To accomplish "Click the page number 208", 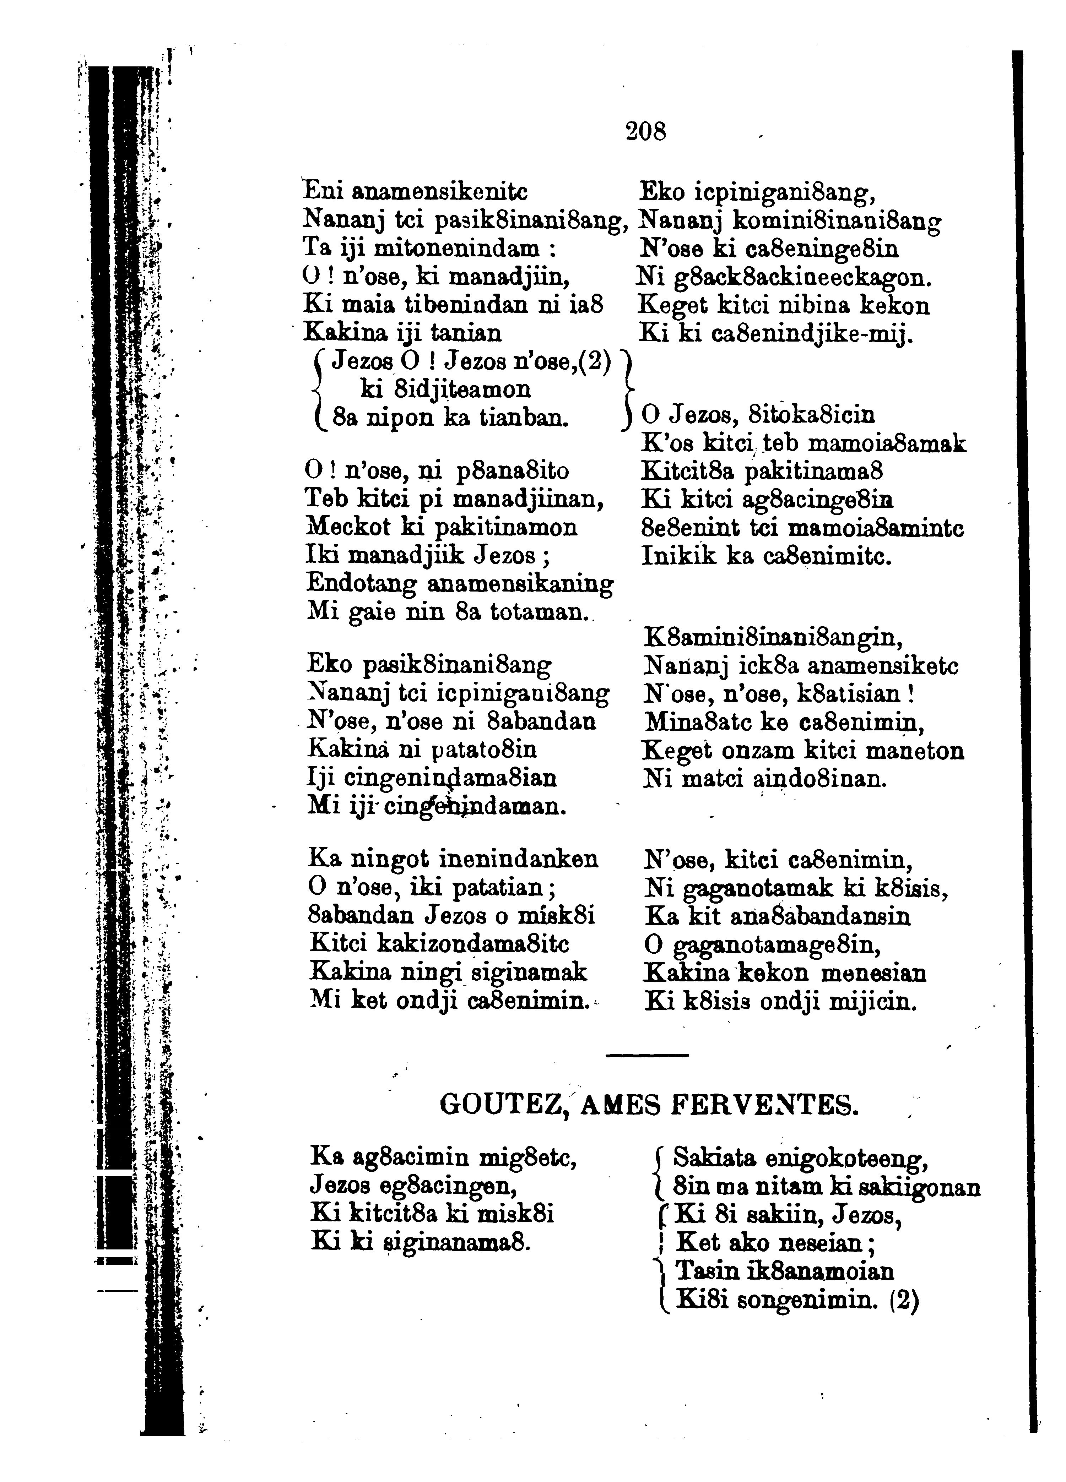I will point(646,132).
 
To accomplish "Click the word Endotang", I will point(361,583).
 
